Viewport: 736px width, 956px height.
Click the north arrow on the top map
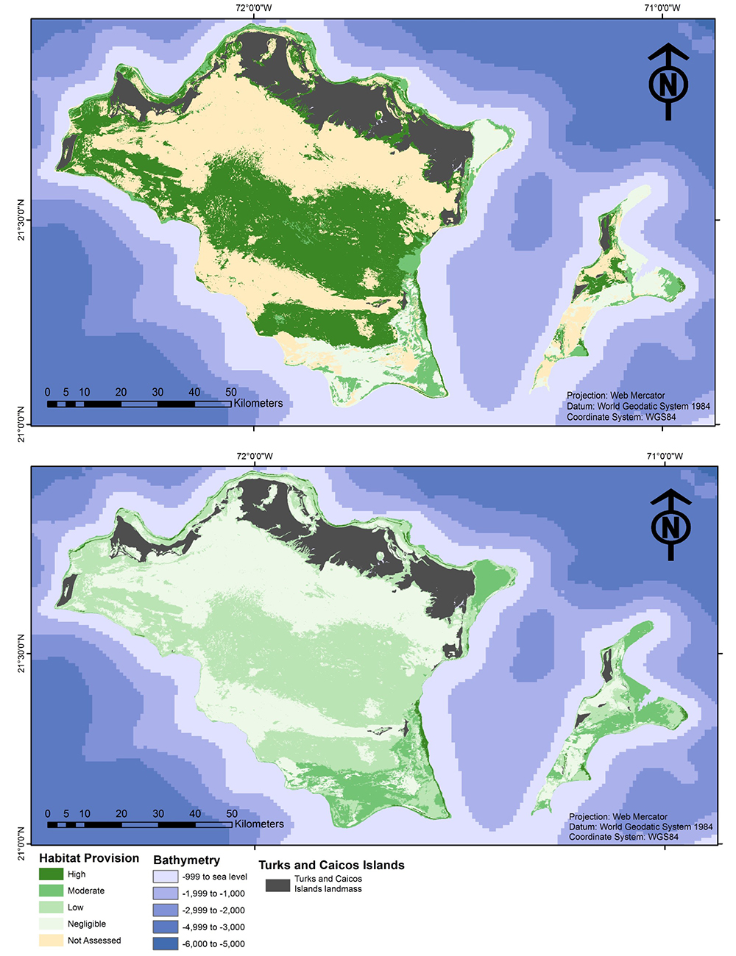pos(668,82)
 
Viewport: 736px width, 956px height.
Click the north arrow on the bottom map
pos(670,525)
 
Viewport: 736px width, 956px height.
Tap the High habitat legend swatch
pos(51,874)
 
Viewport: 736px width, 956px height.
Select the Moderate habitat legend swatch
pos(51,891)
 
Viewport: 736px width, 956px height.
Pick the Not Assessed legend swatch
pos(51,941)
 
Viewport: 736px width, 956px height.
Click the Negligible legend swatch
pos(51,924)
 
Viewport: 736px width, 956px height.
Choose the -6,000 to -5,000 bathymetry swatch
pos(166,943)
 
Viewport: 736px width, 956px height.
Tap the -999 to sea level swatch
pos(166,877)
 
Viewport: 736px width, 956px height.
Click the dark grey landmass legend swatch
pos(277,885)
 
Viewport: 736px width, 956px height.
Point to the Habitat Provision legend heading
pos(89,858)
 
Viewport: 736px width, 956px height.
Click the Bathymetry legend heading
pos(186,860)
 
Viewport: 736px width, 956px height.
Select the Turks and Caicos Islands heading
pos(331,865)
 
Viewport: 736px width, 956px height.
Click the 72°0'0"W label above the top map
pos(253,8)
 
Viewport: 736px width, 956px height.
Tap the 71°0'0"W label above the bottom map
pos(664,456)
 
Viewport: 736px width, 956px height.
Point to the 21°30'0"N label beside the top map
pos(21,219)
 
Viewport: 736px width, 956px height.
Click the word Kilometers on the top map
pos(258,403)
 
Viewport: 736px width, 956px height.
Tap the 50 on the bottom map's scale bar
pos(232,813)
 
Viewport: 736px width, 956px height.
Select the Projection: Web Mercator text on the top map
pos(615,396)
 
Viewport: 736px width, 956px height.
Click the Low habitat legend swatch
pos(51,907)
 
